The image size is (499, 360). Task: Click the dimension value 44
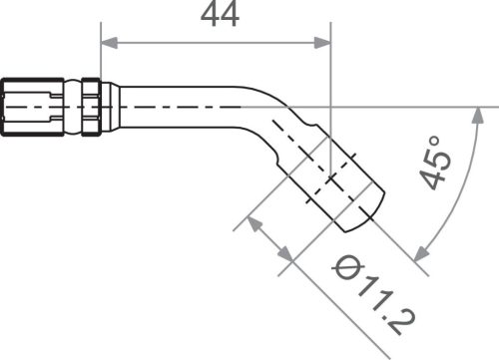pyautogui.click(x=220, y=16)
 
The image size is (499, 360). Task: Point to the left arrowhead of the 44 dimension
pyautogui.click(x=109, y=43)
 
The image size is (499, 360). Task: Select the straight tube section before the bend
pyautogui.click(x=180, y=103)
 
